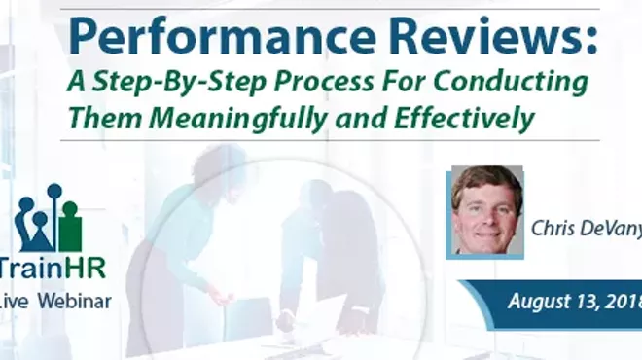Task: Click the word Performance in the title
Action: pos(185,38)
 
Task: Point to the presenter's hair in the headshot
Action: pos(486,179)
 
